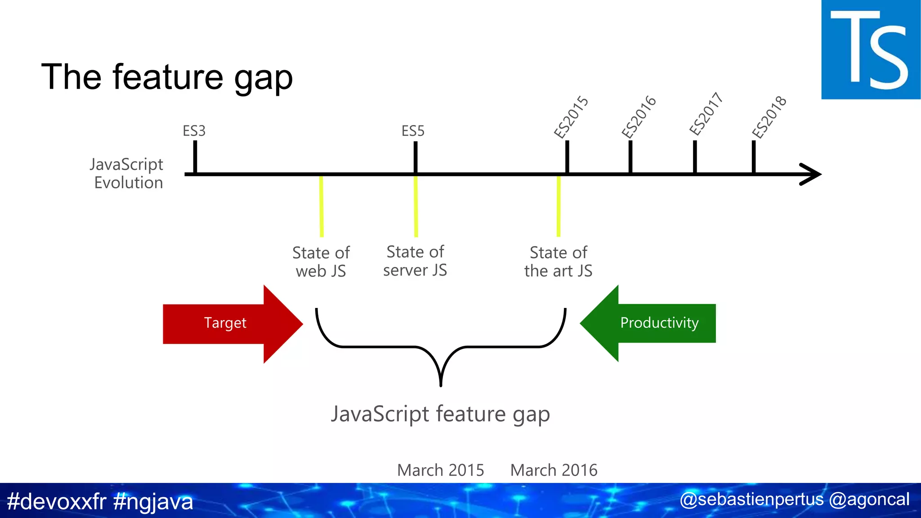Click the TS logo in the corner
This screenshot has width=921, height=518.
pyautogui.click(x=870, y=49)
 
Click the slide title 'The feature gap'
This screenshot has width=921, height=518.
pyautogui.click(x=167, y=77)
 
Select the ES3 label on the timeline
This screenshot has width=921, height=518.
pyautogui.click(x=194, y=131)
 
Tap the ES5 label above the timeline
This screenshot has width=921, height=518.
pyautogui.click(x=413, y=131)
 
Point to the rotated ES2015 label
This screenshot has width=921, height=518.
pyautogui.click(x=571, y=117)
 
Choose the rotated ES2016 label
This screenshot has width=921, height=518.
pyautogui.click(x=639, y=117)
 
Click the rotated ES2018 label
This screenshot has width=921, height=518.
pyautogui.click(x=769, y=117)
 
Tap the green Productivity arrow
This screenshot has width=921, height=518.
pyautogui.click(x=652, y=323)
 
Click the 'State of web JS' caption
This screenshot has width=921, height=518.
pyautogui.click(x=321, y=262)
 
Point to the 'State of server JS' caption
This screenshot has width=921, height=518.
pyautogui.click(x=415, y=261)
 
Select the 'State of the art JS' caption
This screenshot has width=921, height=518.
pyautogui.click(x=558, y=262)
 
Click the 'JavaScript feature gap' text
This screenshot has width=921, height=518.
pyautogui.click(x=440, y=414)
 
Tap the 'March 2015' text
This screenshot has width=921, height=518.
pyautogui.click(x=440, y=470)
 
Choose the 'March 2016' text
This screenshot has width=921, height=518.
pyautogui.click(x=554, y=470)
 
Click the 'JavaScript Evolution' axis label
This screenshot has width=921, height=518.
pyautogui.click(x=127, y=174)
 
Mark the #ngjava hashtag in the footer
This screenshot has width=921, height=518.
pyautogui.click(x=153, y=501)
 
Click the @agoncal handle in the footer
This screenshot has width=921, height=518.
pyautogui.click(x=869, y=500)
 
